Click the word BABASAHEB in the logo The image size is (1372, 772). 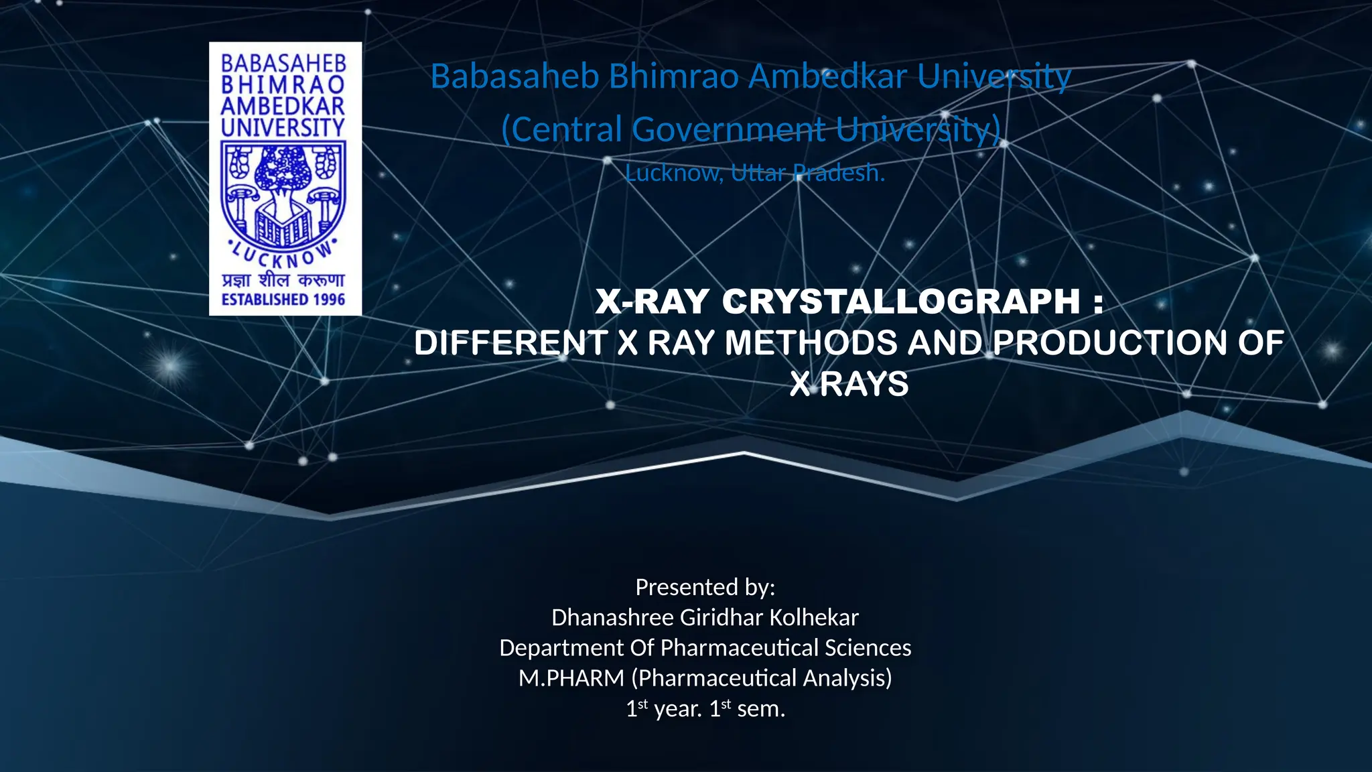[283, 64]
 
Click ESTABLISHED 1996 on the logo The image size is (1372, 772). [283, 300]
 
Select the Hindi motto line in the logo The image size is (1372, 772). [283, 280]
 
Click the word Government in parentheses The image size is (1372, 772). [729, 129]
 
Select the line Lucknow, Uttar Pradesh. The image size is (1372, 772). [755, 173]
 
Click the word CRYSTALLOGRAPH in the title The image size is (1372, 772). [901, 301]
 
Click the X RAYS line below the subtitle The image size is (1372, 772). [849, 385]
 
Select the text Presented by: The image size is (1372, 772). [705, 587]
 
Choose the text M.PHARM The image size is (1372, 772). [571, 678]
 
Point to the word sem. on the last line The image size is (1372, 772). [760, 709]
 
